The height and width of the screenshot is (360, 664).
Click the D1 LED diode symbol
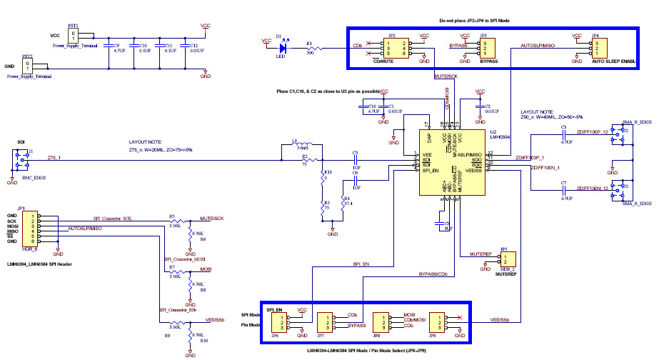tap(283, 49)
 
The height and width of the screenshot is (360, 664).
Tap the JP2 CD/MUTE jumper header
tap(393, 47)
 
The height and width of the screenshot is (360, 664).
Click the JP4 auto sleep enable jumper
tap(598, 47)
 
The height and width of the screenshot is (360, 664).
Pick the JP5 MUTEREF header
tap(505, 261)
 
